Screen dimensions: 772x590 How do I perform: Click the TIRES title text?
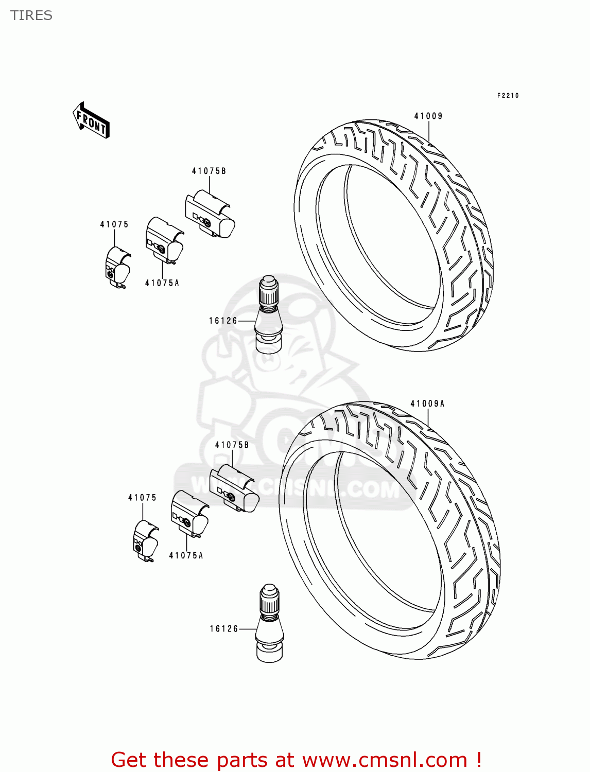[31, 15]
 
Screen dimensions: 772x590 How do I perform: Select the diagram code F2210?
[508, 96]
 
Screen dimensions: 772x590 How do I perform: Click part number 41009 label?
[428, 116]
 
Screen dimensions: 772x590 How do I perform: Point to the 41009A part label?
[427, 404]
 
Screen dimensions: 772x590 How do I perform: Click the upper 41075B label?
[209, 171]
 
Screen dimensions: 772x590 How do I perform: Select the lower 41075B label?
[232, 445]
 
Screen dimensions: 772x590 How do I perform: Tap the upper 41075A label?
[162, 283]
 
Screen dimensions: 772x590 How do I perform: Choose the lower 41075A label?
[186, 556]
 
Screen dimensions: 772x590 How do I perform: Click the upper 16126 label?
[223, 321]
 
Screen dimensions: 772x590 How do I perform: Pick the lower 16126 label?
[224, 629]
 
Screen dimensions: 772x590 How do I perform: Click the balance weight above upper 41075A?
[164, 240]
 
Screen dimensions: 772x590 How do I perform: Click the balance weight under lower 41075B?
[234, 489]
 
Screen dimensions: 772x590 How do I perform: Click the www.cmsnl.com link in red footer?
[384, 760]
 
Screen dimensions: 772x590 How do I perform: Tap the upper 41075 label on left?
[114, 224]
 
